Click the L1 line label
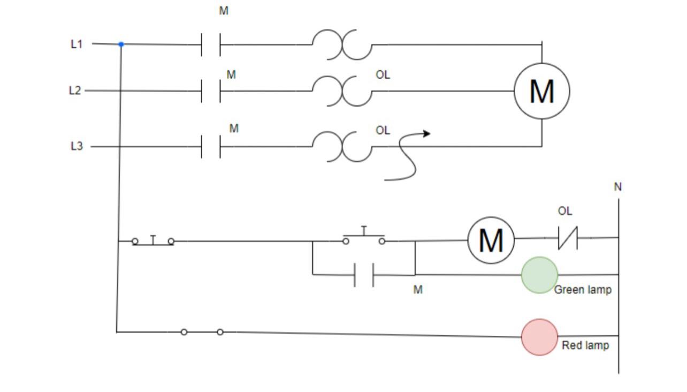(x=77, y=44)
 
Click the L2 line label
(x=75, y=91)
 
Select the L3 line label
(x=77, y=146)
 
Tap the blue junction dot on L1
(x=121, y=44)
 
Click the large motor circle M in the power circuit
(x=541, y=91)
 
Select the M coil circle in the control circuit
(x=491, y=240)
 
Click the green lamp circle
(x=539, y=275)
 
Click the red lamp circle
(x=539, y=337)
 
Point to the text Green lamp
(x=583, y=290)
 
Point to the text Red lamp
(x=585, y=345)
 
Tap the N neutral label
(x=618, y=187)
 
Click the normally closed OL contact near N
(x=568, y=238)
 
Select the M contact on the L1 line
(x=211, y=44)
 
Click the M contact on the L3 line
(x=211, y=146)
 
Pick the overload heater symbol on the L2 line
(x=342, y=91)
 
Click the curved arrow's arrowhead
(x=426, y=133)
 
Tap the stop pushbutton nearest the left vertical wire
(x=153, y=241)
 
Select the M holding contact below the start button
(x=364, y=275)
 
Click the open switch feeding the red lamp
(x=202, y=332)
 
